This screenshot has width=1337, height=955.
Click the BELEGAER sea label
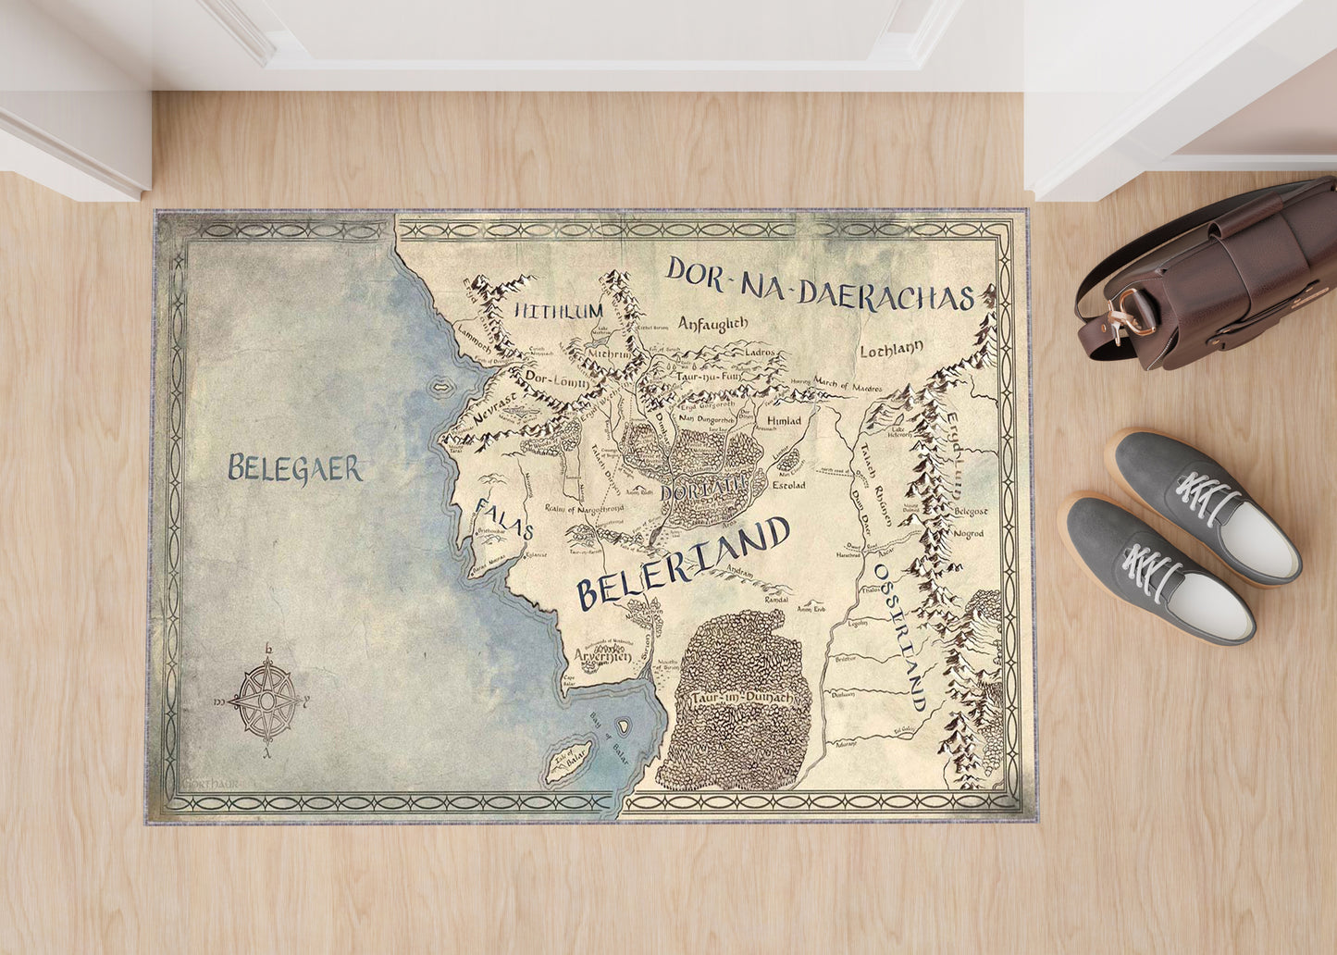point(295,468)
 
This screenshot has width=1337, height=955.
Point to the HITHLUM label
point(558,311)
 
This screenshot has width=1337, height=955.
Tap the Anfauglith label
point(712,324)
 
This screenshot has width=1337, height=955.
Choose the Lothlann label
point(892,351)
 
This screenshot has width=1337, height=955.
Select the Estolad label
point(788,485)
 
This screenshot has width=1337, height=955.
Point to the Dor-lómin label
point(544,377)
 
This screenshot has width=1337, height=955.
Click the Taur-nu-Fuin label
point(706,377)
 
